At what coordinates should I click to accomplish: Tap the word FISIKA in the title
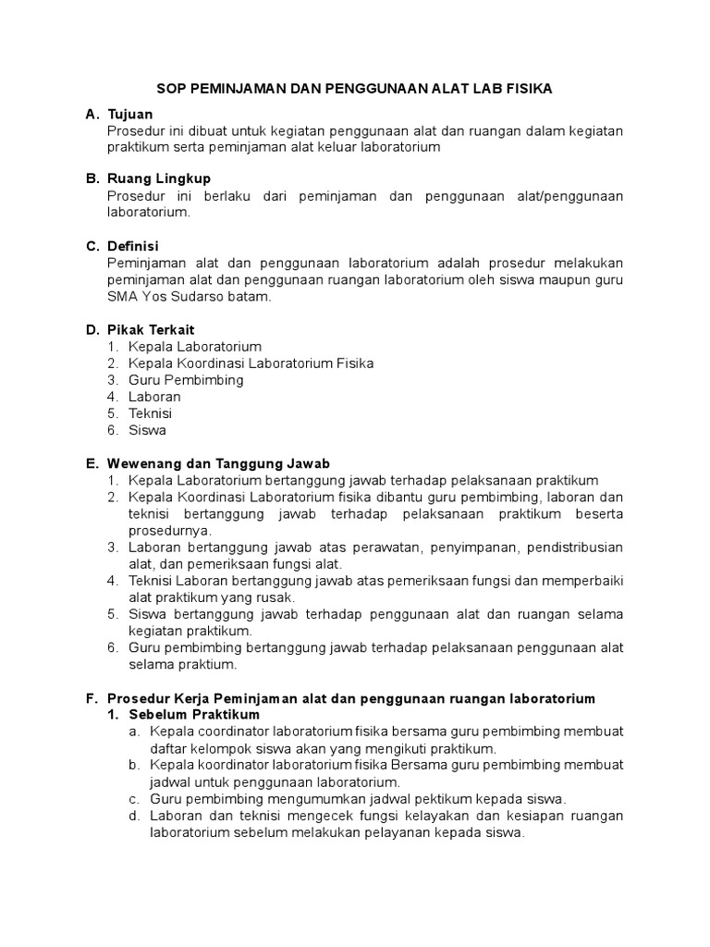tap(527, 89)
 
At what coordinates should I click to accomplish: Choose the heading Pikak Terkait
tap(151, 329)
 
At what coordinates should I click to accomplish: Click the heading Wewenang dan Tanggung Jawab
tap(218, 462)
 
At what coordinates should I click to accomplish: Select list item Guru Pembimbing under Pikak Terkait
tap(186, 380)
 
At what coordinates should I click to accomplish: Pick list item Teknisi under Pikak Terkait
tap(151, 413)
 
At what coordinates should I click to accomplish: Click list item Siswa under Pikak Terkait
tap(148, 430)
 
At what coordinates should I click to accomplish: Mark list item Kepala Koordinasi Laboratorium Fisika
tap(251, 363)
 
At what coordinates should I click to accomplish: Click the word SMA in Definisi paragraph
tap(122, 297)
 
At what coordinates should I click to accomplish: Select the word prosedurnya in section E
tap(170, 530)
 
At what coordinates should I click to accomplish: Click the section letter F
tap(91, 697)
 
